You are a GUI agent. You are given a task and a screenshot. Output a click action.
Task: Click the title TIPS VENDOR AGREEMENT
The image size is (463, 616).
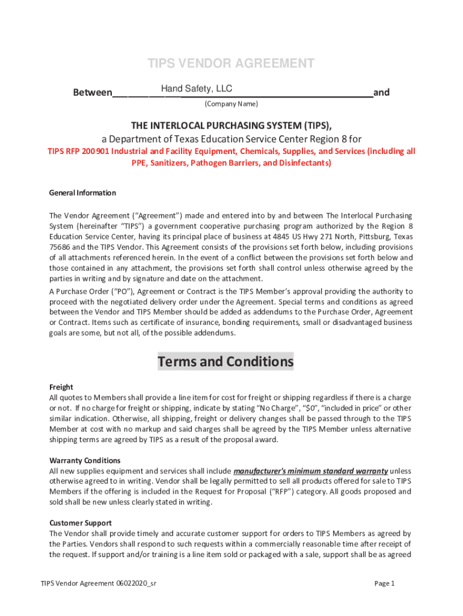click(231, 64)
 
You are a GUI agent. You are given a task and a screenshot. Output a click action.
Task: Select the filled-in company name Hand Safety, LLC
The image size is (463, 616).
click(196, 89)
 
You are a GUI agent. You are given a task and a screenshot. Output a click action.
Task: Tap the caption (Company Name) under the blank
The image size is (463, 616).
click(231, 104)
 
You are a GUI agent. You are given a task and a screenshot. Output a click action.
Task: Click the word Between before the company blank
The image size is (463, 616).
click(92, 93)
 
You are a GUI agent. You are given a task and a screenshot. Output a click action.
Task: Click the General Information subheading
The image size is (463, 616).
click(82, 193)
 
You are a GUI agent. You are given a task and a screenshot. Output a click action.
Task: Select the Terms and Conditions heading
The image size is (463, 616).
click(225, 362)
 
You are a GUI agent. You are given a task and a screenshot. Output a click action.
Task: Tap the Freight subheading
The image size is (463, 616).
click(61, 387)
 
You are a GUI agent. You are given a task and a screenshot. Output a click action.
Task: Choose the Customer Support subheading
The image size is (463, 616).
click(81, 523)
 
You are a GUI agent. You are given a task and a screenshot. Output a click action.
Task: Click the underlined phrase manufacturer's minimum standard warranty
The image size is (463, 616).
click(310, 470)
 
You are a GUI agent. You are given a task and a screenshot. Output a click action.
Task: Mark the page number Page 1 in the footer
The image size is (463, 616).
click(384, 584)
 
